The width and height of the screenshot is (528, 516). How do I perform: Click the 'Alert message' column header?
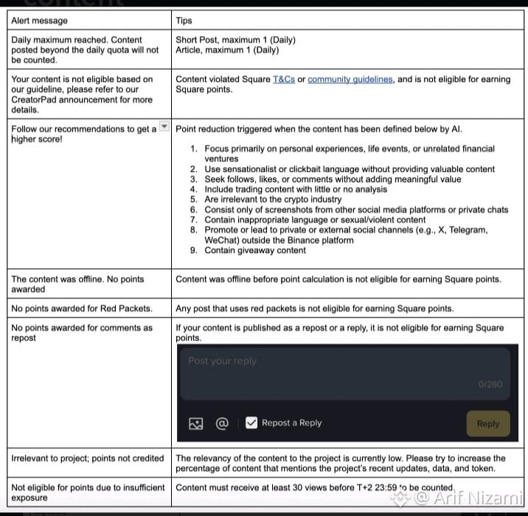[39, 21]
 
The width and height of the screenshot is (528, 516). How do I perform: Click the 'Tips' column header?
[184, 21]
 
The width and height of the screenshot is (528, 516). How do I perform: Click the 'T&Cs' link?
[284, 79]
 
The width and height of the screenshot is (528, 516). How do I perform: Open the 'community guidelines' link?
[350, 79]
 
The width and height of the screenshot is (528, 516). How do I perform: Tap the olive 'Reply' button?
[487, 423]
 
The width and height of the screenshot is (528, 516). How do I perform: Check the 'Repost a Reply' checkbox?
[251, 423]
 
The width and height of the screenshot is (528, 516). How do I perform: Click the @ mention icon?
[222, 423]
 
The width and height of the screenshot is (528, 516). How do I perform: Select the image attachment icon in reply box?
[195, 423]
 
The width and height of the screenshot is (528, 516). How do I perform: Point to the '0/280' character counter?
[489, 384]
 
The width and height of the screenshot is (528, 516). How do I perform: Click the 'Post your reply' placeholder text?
[222, 360]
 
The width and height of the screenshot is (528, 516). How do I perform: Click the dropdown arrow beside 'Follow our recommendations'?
[165, 128]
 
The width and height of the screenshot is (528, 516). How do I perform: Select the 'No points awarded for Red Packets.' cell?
[82, 308]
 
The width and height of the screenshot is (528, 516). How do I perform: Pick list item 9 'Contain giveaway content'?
[254, 250]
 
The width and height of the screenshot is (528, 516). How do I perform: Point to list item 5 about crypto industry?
[273, 199]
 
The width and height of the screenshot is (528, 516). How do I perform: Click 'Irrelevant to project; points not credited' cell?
[88, 458]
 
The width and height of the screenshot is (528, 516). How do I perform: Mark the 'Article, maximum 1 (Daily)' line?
[227, 50]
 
